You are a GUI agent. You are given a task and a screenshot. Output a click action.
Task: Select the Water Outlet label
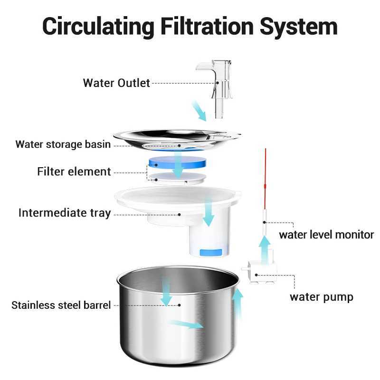pyautogui.click(x=116, y=83)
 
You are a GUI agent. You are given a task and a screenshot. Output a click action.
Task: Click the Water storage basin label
pyautogui.click(x=63, y=144)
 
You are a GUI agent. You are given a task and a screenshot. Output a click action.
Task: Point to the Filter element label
pyautogui.click(x=74, y=171)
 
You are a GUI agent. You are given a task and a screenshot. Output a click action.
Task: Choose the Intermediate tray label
pyautogui.click(x=64, y=213)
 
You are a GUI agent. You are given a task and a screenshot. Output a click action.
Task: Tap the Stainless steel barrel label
pyautogui.click(x=61, y=305)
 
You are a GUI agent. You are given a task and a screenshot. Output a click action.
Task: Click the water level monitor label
pyautogui.click(x=326, y=235)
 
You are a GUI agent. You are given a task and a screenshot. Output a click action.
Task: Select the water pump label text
pyautogui.click(x=321, y=297)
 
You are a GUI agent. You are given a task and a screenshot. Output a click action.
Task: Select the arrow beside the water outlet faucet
pyautogui.click(x=199, y=111)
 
